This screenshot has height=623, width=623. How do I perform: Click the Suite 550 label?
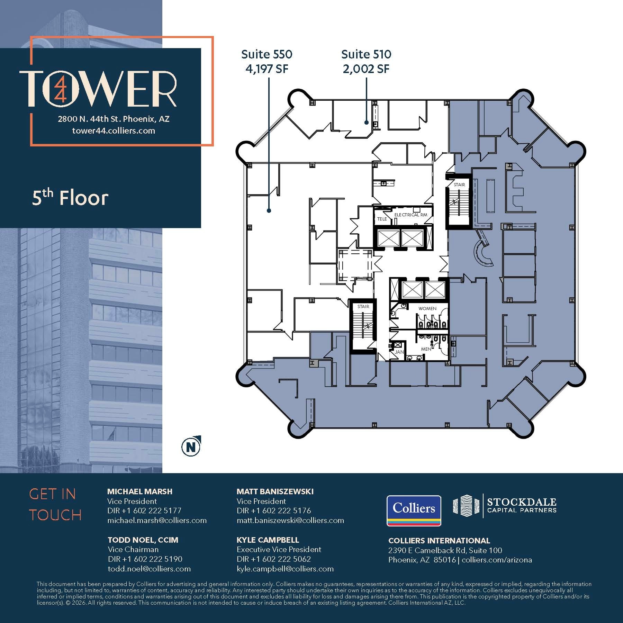click(x=267, y=54)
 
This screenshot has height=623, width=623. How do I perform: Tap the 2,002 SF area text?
click(x=366, y=69)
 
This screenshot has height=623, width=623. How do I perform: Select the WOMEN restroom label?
click(x=427, y=308)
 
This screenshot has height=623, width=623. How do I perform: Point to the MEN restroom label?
click(x=426, y=349)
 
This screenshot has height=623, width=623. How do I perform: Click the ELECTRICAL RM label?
click(x=411, y=215)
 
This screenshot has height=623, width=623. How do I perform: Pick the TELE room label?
click(x=382, y=219)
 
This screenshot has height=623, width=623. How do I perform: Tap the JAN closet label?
click(x=399, y=352)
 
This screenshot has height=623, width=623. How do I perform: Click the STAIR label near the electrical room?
click(x=459, y=184)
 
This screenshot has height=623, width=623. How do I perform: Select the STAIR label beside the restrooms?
click(x=363, y=307)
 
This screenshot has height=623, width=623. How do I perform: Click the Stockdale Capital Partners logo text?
click(x=521, y=505)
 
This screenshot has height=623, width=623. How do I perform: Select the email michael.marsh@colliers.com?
click(x=157, y=521)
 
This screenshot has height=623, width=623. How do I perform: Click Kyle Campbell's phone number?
click(x=273, y=559)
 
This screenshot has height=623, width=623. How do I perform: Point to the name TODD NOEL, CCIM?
click(x=143, y=540)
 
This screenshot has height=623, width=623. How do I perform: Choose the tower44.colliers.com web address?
click(x=114, y=130)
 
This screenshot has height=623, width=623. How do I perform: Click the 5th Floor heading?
click(x=70, y=198)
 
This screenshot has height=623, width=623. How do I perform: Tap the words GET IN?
click(x=52, y=494)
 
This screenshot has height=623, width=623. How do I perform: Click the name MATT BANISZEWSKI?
click(x=275, y=491)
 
